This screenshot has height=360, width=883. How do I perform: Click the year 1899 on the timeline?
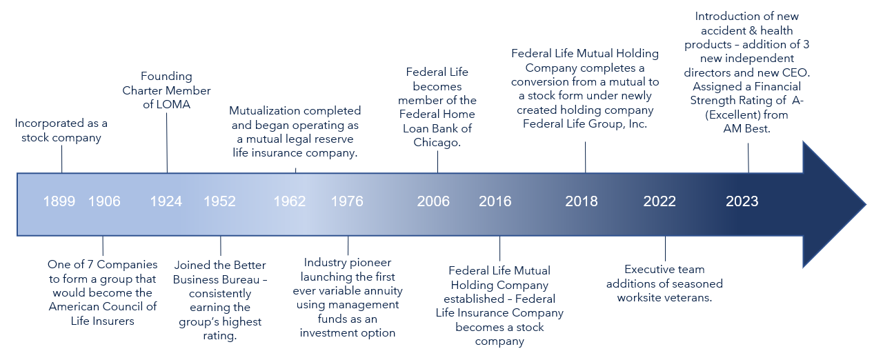coord(59,201)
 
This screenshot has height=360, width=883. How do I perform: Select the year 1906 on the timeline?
coord(104,201)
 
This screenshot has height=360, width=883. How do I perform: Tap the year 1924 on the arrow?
coord(166,201)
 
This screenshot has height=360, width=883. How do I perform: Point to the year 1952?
coord(219,201)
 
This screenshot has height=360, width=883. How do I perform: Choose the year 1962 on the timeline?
coord(290,201)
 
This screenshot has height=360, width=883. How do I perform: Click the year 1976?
coord(347,201)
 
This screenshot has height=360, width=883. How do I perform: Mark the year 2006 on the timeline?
coord(433,201)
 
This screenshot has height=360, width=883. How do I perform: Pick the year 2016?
coord(495,201)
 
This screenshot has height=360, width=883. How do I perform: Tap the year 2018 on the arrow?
coord(582,201)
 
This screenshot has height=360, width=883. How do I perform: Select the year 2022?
coord(659,201)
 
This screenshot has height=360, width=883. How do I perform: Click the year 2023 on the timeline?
coord(742,201)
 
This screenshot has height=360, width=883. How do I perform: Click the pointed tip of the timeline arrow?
coord(864,205)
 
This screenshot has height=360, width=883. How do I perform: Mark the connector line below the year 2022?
coord(665,248)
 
